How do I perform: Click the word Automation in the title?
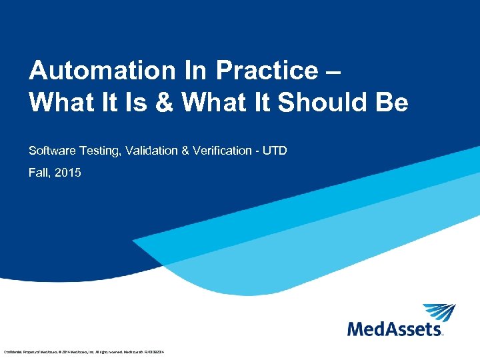click(84, 71)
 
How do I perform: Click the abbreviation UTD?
click(275, 151)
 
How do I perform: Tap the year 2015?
click(68, 173)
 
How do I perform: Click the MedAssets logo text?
click(395, 329)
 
